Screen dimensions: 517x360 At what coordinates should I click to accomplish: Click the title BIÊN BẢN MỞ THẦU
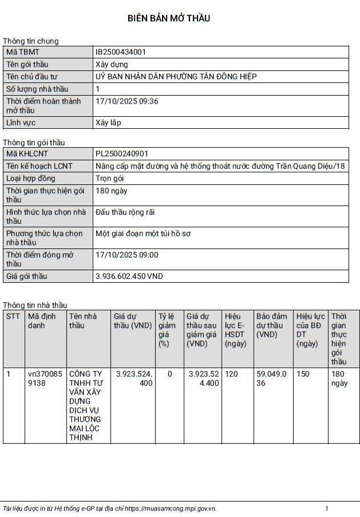click(169, 18)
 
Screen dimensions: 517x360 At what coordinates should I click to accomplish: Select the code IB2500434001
click(121, 52)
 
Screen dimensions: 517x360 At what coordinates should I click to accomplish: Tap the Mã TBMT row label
click(22, 52)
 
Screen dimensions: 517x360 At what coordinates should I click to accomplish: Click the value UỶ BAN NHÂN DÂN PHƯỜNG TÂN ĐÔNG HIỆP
click(176, 76)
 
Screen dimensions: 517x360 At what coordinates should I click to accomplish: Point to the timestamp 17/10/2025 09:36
click(127, 101)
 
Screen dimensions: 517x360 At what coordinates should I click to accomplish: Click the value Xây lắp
click(108, 123)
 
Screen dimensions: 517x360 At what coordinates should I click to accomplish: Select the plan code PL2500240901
click(122, 153)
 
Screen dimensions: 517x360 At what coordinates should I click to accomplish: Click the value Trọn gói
click(109, 178)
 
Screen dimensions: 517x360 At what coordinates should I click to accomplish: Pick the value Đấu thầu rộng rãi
click(125, 212)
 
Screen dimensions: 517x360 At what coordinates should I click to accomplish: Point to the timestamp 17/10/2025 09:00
click(127, 255)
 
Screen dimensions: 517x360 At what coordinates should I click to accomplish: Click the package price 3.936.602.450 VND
click(129, 276)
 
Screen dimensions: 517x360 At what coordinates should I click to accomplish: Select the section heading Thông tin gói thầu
click(34, 143)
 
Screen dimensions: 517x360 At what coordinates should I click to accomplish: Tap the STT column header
click(13, 316)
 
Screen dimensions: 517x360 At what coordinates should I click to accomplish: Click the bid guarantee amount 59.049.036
click(271, 378)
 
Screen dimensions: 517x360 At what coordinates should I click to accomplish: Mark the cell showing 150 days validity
click(302, 374)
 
